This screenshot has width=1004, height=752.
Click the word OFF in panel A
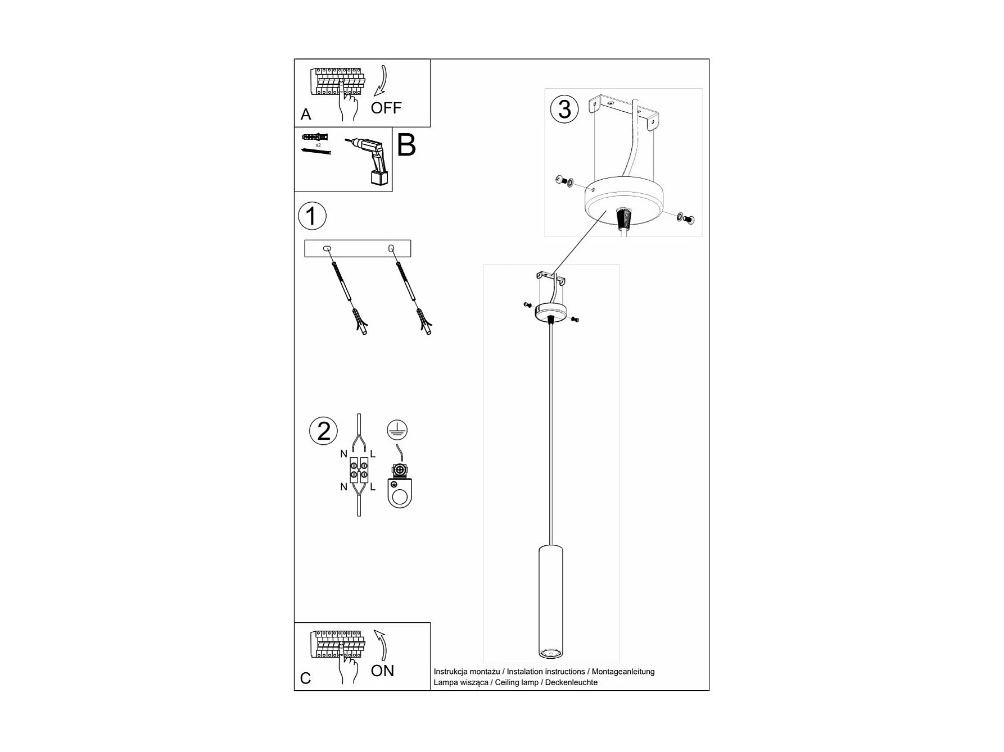click(386, 108)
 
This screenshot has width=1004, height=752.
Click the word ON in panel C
click(382, 671)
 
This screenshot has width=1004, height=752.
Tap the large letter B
click(406, 145)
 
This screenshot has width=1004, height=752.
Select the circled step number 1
click(312, 216)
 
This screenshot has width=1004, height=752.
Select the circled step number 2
click(324, 431)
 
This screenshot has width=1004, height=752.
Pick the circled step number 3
click(564, 110)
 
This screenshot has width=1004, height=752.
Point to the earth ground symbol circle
click(397, 430)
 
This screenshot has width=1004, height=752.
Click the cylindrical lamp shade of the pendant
click(550, 601)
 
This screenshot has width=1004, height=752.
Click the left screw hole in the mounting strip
click(327, 248)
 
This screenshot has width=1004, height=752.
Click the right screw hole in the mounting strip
click(391, 248)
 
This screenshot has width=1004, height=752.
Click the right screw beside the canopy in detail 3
click(685, 217)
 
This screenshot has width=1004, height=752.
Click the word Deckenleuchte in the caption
click(571, 682)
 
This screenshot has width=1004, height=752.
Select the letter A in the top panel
click(306, 115)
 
